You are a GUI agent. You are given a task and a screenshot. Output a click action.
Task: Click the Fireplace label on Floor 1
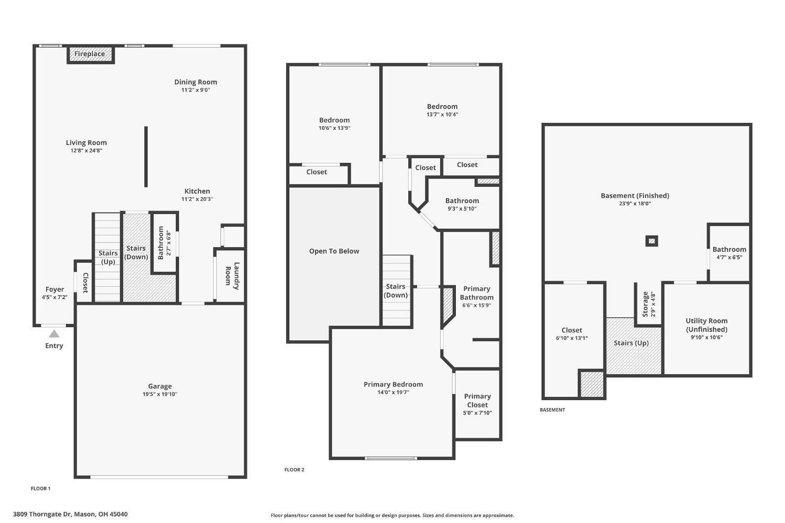point(89,54)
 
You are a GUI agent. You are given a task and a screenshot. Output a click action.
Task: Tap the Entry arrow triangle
point(54,334)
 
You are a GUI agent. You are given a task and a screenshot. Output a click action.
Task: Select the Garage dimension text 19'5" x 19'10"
point(160,394)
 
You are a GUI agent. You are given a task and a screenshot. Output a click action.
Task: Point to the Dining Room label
point(195,82)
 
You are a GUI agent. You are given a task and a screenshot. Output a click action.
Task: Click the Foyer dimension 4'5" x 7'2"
point(54,297)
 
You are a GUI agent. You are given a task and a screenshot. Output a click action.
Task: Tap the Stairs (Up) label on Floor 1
point(108,257)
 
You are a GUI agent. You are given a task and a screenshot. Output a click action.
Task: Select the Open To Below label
point(334,251)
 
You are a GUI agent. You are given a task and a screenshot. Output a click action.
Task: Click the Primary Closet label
point(477,400)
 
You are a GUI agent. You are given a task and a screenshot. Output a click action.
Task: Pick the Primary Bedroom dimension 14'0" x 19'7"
point(393,392)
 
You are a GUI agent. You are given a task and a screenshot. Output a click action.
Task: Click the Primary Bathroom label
point(477,293)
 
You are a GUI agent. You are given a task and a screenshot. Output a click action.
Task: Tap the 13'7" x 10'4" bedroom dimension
point(442,115)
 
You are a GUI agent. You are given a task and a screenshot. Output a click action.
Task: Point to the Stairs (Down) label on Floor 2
point(396,291)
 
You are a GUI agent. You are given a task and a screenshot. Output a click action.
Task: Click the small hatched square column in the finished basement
point(652,241)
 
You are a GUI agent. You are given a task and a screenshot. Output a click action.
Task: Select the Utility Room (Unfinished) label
point(706,325)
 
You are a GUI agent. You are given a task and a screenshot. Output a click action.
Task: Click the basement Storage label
point(645,304)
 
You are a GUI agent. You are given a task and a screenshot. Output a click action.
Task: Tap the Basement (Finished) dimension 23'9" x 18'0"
point(635,204)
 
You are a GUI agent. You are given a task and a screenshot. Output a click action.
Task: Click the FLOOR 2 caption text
point(294,470)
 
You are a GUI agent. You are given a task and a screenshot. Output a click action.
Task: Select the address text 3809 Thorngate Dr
point(42,514)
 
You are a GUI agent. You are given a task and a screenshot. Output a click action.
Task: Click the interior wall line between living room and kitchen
point(146,157)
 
